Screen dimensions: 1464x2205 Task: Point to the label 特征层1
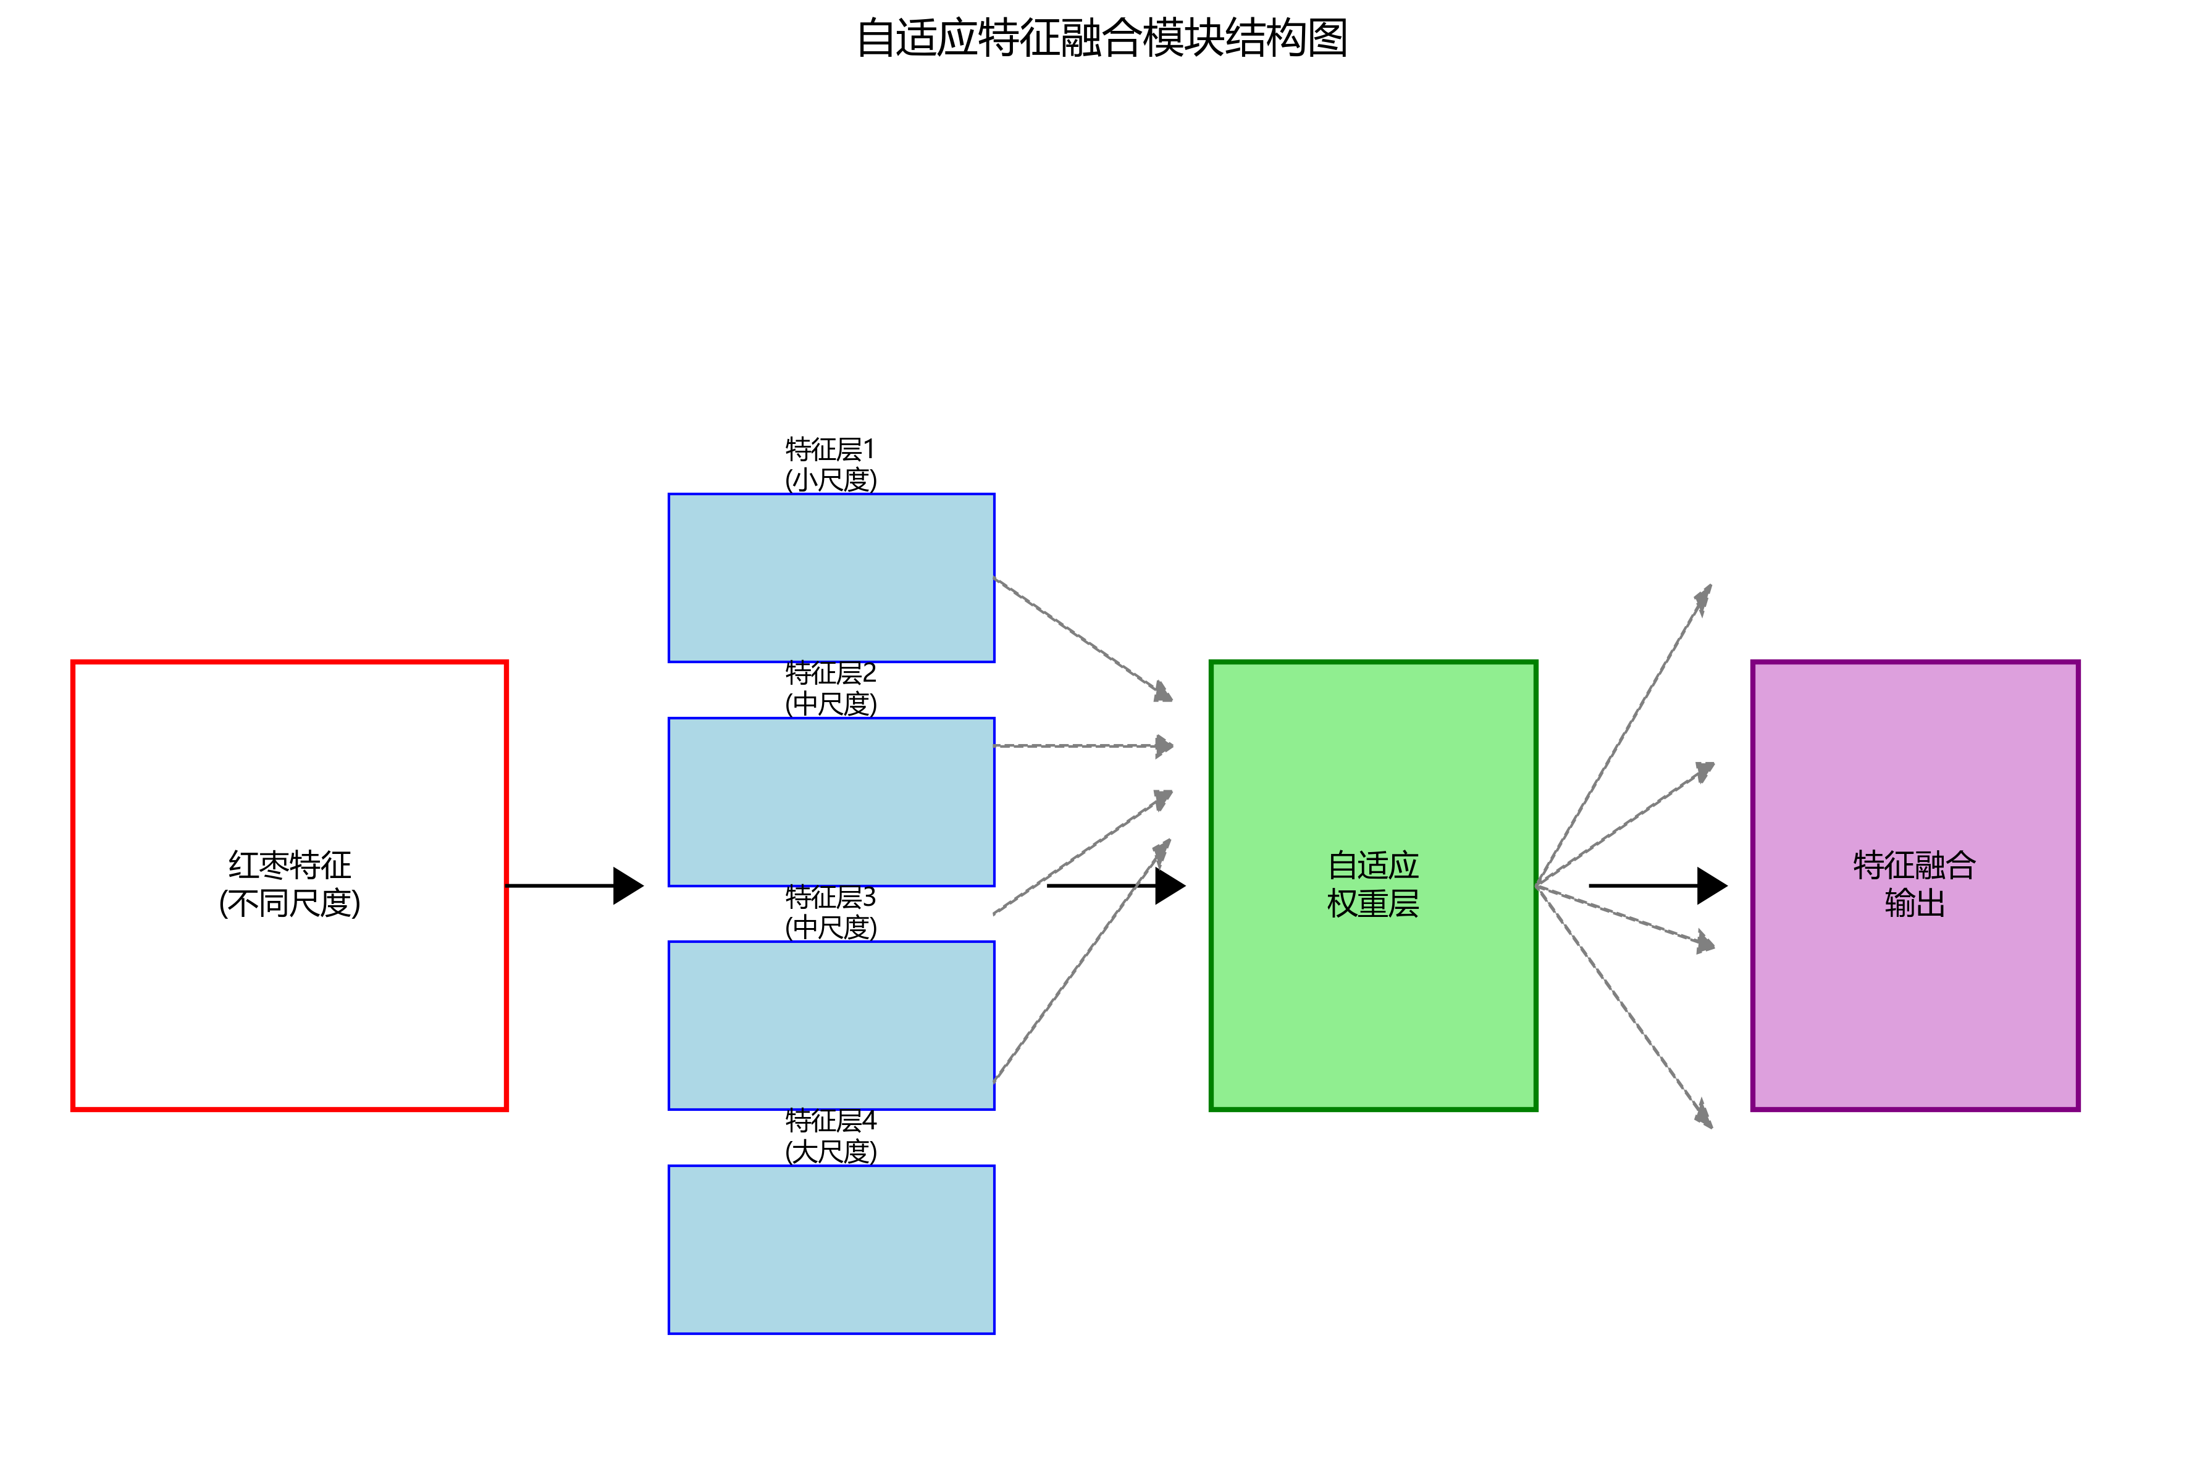pyautogui.click(x=830, y=449)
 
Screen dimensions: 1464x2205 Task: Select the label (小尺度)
pyautogui.click(x=830, y=480)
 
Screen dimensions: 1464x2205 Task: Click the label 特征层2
pyautogui.click(x=830, y=673)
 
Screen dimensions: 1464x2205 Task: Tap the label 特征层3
pyautogui.click(x=830, y=897)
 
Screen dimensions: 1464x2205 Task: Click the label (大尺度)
pyautogui.click(x=830, y=1151)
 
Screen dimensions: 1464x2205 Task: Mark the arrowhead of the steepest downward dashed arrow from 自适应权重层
pyautogui.click(x=1705, y=1115)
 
